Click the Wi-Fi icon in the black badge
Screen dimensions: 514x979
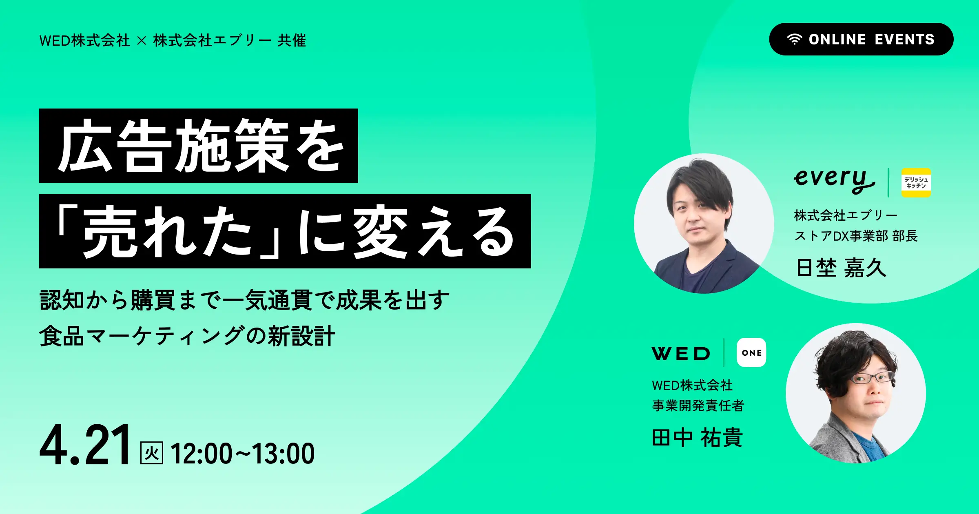click(794, 40)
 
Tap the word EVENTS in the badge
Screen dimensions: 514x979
click(905, 40)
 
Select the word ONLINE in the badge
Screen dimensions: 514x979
click(837, 40)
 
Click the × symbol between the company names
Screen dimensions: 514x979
click(142, 41)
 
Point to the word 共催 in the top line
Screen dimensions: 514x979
click(292, 41)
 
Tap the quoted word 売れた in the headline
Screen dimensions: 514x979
click(167, 232)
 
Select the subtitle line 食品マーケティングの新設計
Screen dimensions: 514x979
click(187, 336)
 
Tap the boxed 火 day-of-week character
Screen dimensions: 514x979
click(152, 453)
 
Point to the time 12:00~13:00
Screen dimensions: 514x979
click(243, 454)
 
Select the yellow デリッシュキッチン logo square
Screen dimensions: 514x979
click(916, 183)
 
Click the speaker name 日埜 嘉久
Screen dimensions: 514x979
click(841, 268)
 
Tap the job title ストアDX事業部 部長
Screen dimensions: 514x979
click(856, 236)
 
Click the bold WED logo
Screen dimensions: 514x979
click(681, 354)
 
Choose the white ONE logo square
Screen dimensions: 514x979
click(751, 352)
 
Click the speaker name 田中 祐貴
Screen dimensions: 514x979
click(697, 438)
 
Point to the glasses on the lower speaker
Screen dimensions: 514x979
click(871, 378)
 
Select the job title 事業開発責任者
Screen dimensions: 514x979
click(698, 405)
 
